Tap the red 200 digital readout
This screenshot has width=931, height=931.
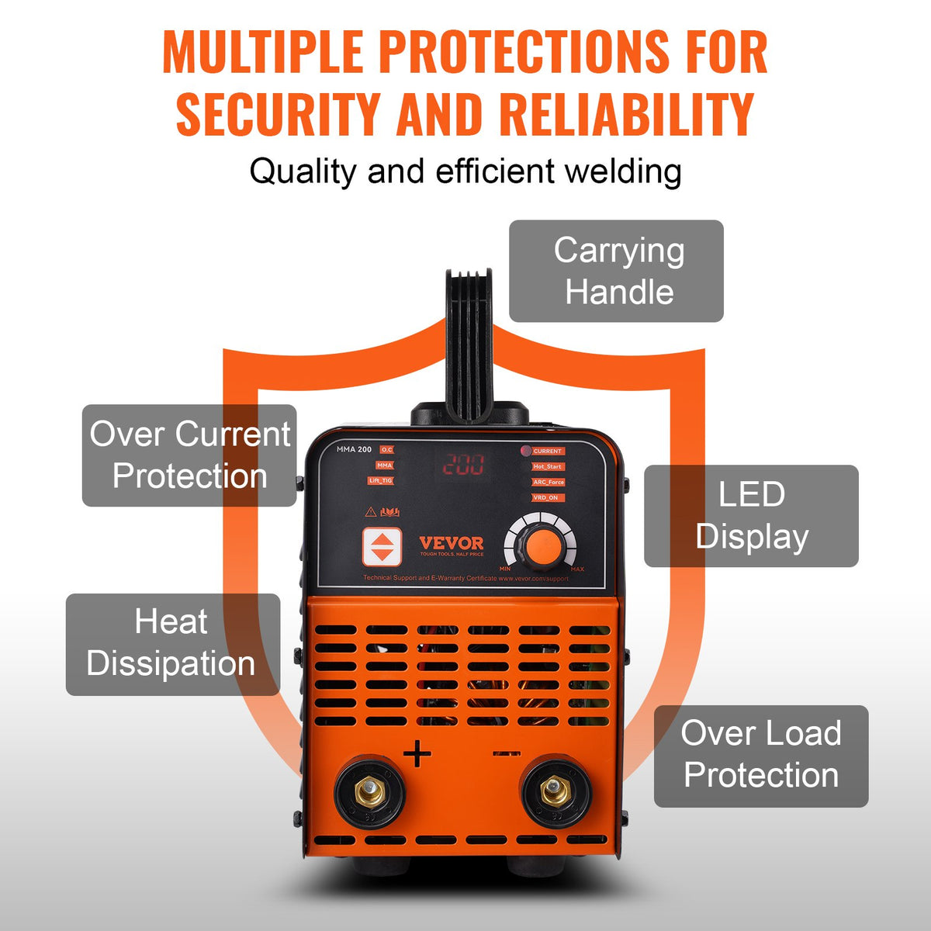tap(463, 465)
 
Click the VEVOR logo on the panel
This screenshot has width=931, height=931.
tap(451, 544)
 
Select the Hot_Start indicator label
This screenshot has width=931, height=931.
tap(548, 466)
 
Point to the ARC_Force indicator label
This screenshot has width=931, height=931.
tap(548, 482)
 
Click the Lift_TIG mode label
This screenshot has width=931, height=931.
tap(381, 481)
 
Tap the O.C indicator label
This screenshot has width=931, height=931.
tap(386, 450)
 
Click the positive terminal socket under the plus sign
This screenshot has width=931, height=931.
tap(369, 791)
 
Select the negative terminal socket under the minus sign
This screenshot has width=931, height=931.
tap(555, 791)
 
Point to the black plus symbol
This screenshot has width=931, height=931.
tap(417, 753)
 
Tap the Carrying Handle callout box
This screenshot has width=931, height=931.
tap(617, 271)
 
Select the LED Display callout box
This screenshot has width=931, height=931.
tap(751, 516)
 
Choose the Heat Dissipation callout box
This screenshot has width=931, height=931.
tap(172, 644)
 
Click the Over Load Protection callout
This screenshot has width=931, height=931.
tap(761, 756)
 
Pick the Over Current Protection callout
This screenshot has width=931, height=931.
tap(189, 455)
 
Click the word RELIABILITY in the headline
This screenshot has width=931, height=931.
tap(627, 114)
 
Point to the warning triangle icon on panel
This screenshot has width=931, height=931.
tap(370, 511)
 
